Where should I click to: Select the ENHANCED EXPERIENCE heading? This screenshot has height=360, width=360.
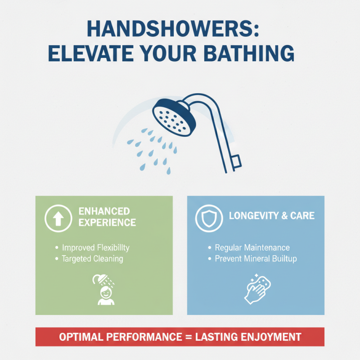point(107,216)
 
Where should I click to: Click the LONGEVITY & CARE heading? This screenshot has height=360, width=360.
point(271,216)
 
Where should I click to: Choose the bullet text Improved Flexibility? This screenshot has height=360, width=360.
point(95,248)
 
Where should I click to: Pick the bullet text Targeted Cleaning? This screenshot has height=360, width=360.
point(92,259)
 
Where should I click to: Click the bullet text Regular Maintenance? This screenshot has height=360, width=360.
point(252,248)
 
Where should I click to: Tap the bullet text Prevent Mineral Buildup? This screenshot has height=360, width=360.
point(255,259)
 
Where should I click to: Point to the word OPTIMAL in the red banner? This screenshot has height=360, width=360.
point(82,337)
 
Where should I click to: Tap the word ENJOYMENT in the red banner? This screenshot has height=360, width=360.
point(269,337)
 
